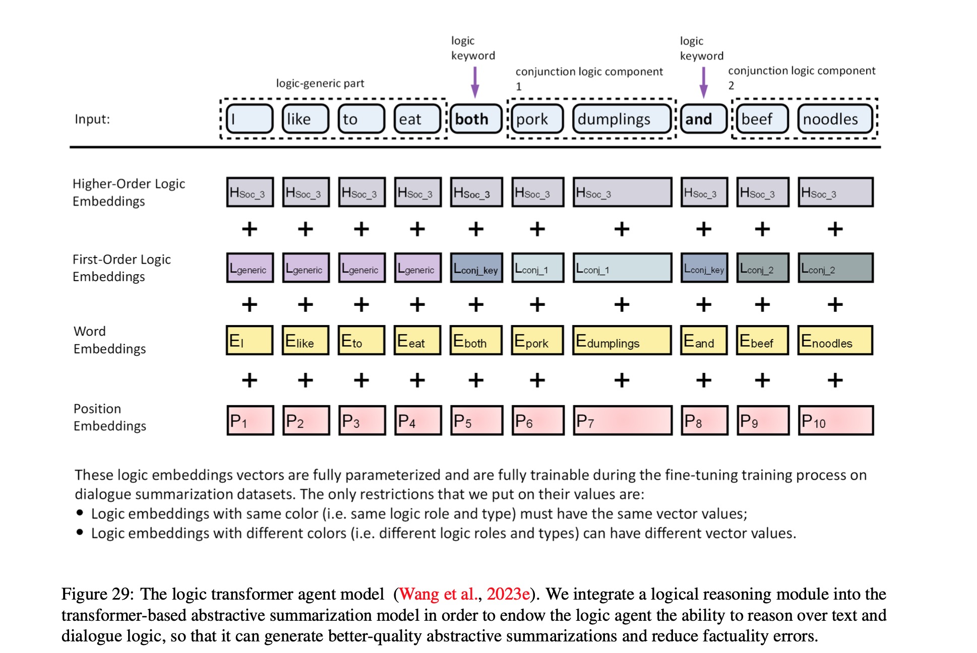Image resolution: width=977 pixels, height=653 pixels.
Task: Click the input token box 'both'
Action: (x=476, y=119)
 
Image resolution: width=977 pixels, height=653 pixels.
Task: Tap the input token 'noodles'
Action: (x=835, y=119)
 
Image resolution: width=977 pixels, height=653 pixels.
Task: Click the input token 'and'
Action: (x=703, y=119)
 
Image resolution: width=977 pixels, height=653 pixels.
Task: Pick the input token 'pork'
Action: (x=537, y=119)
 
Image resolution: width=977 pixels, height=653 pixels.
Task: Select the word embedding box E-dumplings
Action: (x=622, y=341)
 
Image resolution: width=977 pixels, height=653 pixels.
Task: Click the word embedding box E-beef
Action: (x=762, y=341)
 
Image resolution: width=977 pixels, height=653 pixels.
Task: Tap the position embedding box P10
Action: (x=835, y=421)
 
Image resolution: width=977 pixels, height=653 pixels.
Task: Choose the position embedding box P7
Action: (x=622, y=421)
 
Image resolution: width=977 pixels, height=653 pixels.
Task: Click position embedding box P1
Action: (x=250, y=421)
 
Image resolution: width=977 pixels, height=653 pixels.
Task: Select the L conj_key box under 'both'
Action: (x=476, y=268)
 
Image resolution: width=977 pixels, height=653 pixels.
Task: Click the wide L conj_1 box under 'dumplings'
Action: (x=622, y=268)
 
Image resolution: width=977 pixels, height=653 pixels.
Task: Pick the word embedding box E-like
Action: (x=306, y=341)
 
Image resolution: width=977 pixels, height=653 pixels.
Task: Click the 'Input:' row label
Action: (x=92, y=119)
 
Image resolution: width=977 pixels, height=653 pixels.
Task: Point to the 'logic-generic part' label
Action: (x=320, y=83)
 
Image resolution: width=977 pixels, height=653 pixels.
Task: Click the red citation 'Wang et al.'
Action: (x=438, y=594)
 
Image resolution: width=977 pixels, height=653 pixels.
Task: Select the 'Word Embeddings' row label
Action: (x=109, y=340)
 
